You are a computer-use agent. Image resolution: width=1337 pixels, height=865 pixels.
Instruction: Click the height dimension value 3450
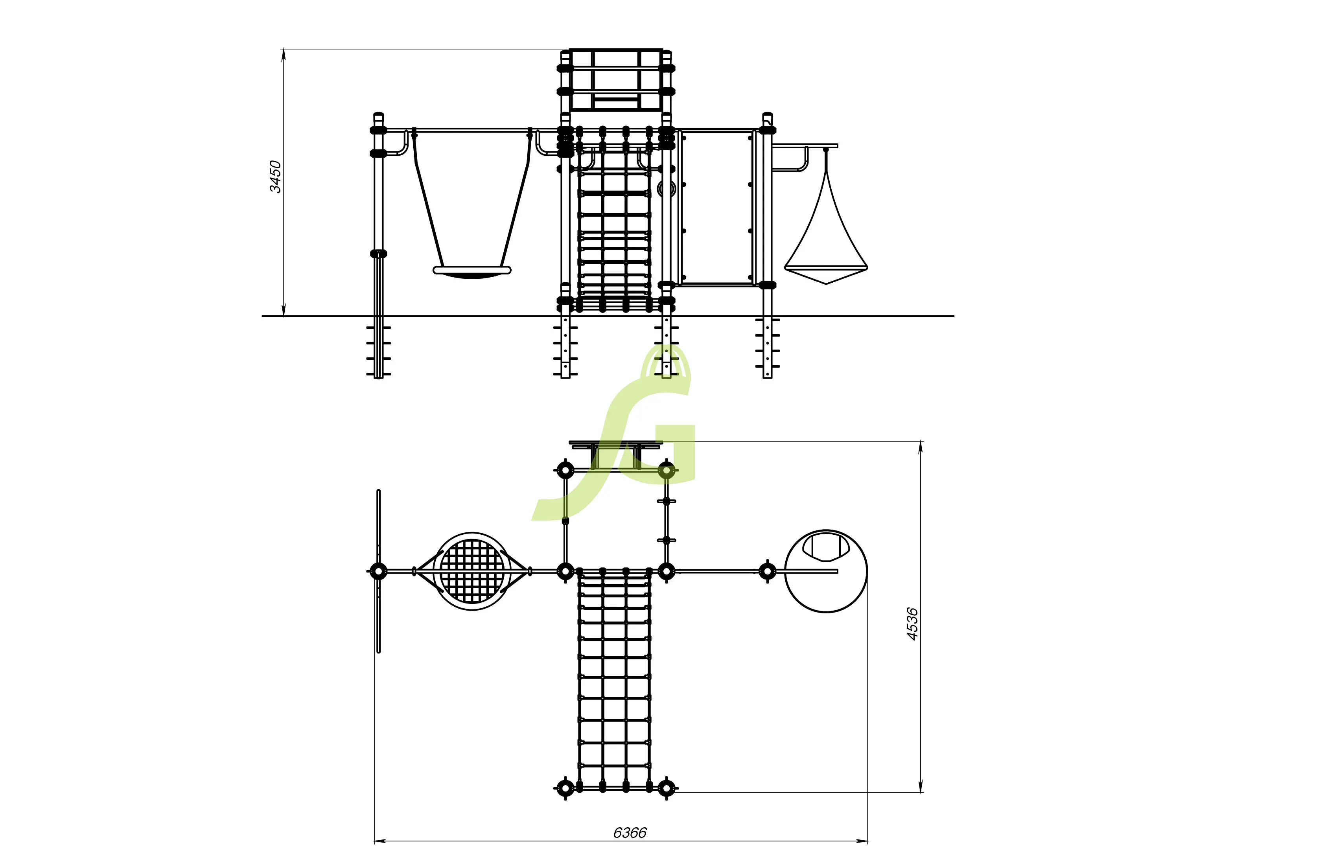[275, 177]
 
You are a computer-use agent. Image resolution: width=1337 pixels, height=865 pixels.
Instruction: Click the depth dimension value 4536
[912, 624]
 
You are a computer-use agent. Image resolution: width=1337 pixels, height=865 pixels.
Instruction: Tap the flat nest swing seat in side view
[472, 271]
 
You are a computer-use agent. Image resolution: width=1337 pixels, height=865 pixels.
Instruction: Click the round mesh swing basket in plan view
[472, 571]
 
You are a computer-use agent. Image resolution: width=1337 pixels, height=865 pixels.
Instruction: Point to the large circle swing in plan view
[826, 571]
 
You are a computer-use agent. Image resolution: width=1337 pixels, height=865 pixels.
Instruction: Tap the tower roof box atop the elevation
[616, 80]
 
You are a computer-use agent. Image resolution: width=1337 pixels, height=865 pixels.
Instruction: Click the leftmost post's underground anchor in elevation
[379, 351]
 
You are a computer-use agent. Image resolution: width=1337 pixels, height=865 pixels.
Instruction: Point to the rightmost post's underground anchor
[767, 348]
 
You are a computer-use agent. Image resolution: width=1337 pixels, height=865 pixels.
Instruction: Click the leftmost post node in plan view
[379, 571]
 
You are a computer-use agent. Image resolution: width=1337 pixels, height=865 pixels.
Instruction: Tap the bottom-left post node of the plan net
[565, 788]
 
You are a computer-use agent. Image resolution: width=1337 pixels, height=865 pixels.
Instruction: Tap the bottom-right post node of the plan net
[666, 788]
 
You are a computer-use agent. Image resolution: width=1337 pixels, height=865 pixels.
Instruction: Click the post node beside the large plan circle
[767, 571]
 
